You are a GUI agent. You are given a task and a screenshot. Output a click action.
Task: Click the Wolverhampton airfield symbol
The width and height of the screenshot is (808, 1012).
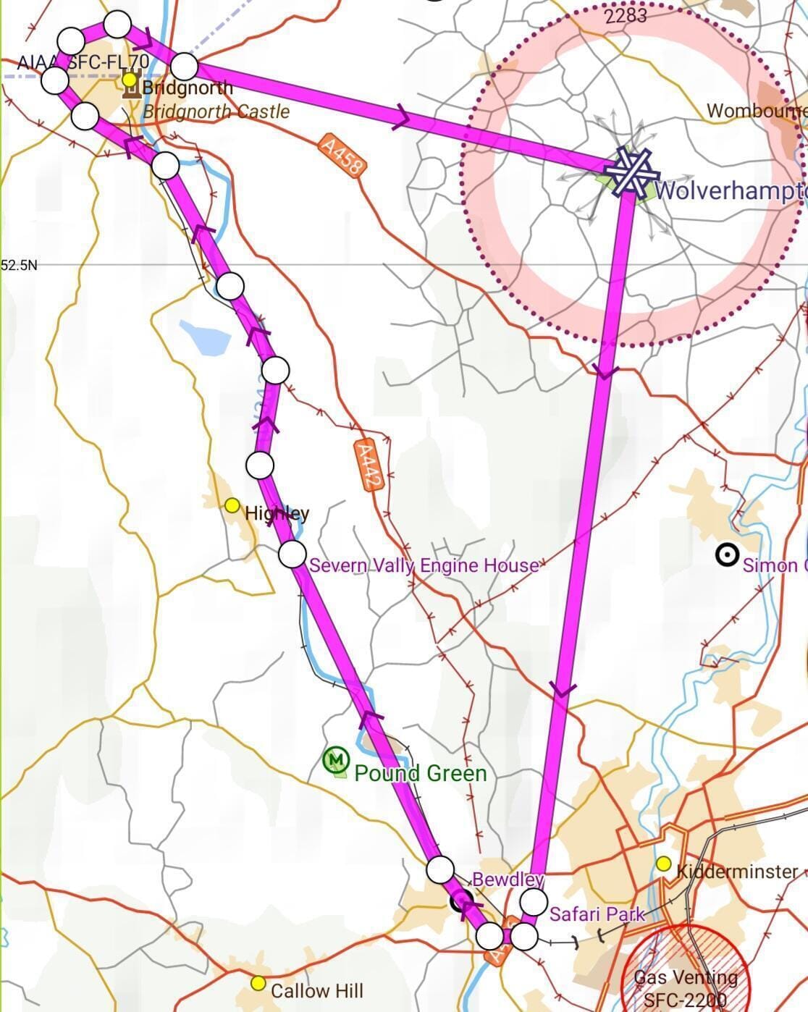point(632,172)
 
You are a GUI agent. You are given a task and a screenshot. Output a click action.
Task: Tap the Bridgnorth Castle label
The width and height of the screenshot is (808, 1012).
point(216,111)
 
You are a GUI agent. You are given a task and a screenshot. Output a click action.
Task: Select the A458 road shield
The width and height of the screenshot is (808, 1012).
point(342,157)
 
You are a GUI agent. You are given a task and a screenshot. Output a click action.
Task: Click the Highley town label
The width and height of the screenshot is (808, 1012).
point(277,513)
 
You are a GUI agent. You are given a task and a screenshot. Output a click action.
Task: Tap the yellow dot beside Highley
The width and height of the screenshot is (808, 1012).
point(232,505)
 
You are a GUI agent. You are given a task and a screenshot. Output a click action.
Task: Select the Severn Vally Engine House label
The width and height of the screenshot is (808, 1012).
point(424,565)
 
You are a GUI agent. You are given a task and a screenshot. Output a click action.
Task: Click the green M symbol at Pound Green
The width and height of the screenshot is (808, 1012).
point(335,759)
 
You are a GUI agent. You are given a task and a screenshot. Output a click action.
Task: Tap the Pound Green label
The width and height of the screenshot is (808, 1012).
point(421,773)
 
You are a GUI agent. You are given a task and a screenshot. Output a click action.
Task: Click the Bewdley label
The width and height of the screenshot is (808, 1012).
point(508,880)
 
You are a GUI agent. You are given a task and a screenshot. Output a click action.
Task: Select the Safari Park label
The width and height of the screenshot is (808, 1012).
point(597,914)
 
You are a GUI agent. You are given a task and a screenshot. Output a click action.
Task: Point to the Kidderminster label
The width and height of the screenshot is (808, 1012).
point(737,872)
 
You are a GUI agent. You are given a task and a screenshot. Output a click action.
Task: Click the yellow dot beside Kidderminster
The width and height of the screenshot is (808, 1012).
point(663,864)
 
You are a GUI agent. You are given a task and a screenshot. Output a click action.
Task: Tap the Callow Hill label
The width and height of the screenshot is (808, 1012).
point(317,990)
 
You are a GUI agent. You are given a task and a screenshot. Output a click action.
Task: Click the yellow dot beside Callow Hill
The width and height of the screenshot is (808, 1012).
point(258,983)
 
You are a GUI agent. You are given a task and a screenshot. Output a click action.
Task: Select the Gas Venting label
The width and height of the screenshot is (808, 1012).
point(686,977)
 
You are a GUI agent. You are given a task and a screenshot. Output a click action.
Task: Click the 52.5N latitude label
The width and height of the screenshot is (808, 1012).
point(19,265)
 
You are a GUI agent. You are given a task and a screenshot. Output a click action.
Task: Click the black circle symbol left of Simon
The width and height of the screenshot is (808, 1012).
point(727,555)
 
